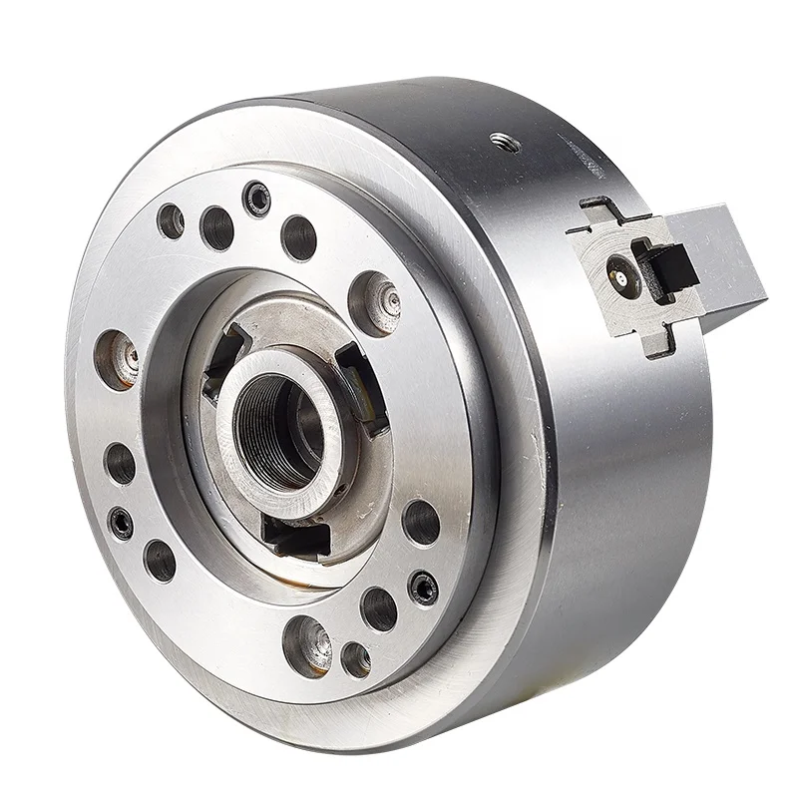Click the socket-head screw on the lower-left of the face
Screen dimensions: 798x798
122,520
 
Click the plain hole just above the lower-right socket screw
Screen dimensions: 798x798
421,522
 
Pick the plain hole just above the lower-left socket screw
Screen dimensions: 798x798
122,462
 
